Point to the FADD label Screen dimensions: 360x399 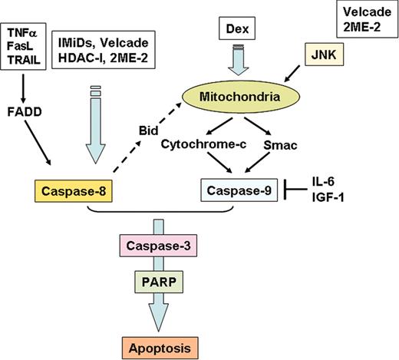tap(25, 109)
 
